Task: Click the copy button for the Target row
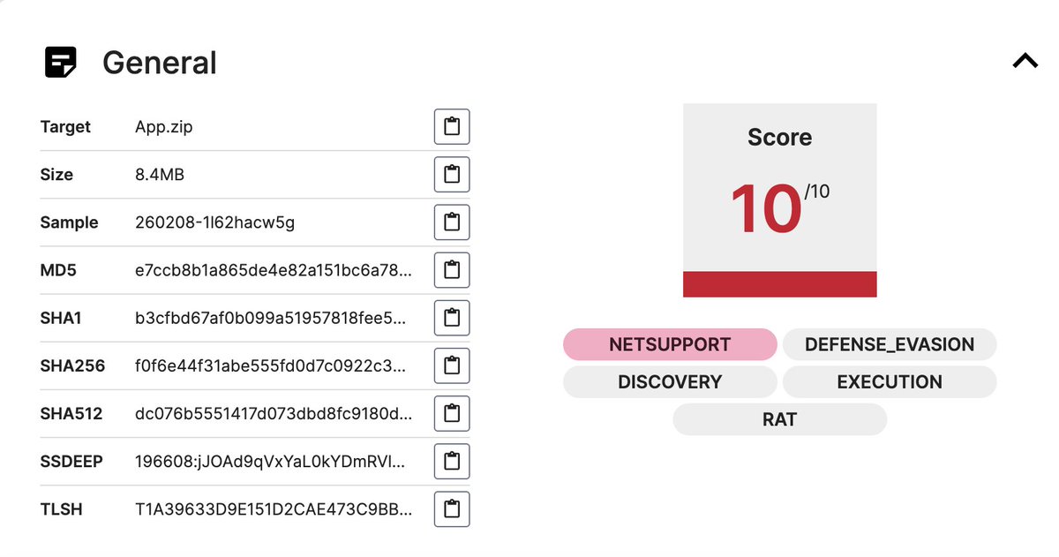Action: pyautogui.click(x=452, y=126)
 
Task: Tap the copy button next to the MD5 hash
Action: pyautogui.click(x=452, y=270)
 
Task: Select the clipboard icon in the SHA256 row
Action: pyautogui.click(x=452, y=365)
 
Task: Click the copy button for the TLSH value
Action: pyautogui.click(x=452, y=508)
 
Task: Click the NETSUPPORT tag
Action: pyautogui.click(x=670, y=344)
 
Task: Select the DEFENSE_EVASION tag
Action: pyautogui.click(x=890, y=344)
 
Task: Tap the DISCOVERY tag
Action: pyautogui.click(x=670, y=381)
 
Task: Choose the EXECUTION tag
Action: pyautogui.click(x=890, y=381)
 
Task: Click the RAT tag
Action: pyautogui.click(x=779, y=419)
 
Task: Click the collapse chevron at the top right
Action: pyautogui.click(x=1025, y=62)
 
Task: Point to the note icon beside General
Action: pyautogui.click(x=61, y=62)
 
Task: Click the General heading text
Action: pyautogui.click(x=160, y=63)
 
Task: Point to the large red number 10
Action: pyautogui.click(x=766, y=208)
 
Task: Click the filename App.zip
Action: pyautogui.click(x=163, y=127)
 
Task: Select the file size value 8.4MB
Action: pyautogui.click(x=160, y=175)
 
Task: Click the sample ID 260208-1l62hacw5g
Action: pyautogui.click(x=214, y=222)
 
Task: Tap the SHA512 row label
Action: pyautogui.click(x=71, y=414)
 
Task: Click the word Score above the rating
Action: pyautogui.click(x=779, y=137)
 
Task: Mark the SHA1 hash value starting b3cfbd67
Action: pyautogui.click(x=270, y=318)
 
